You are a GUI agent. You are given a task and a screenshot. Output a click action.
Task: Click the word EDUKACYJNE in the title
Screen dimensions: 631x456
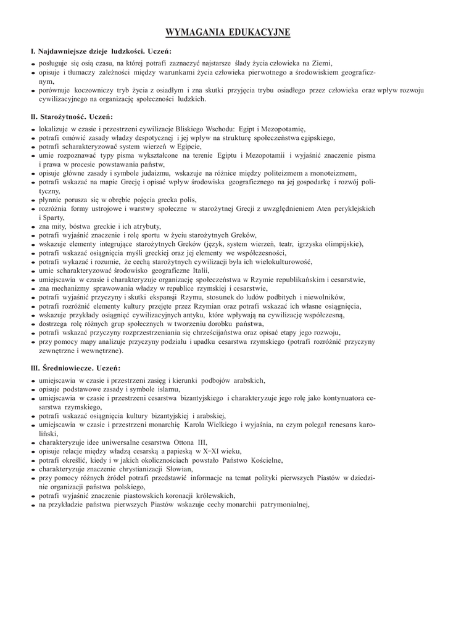pos(258,32)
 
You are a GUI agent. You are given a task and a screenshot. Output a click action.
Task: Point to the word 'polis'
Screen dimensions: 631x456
pos(188,200)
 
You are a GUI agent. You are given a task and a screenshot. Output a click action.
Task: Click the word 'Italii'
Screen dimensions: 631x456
pos(201,271)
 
